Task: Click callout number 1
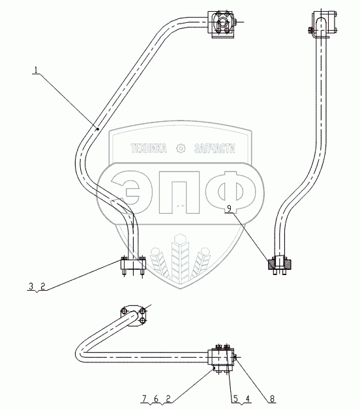tap(36, 70)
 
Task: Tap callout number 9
tap(229, 209)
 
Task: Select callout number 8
tap(272, 399)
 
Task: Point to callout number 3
tap(31, 286)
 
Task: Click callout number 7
tap(144, 399)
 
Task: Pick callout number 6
tap(156, 399)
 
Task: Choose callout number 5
tap(235, 399)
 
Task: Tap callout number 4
tap(247, 399)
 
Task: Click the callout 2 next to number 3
tap(42, 286)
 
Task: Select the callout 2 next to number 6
tap(168, 399)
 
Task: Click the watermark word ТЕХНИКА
tap(148, 149)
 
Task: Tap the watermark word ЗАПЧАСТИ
tap(215, 149)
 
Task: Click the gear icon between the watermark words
tap(181, 149)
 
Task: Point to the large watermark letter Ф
tap(235, 192)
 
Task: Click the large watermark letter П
tap(179, 192)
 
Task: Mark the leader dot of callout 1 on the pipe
tap(97, 128)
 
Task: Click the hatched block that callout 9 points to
tap(279, 263)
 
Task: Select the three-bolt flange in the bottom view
tap(134, 315)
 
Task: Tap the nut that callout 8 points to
tap(235, 357)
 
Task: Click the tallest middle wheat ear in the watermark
tap(180, 257)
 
